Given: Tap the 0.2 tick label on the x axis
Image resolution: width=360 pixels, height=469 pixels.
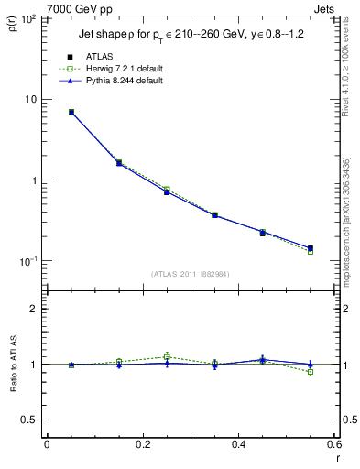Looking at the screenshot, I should click(142, 444).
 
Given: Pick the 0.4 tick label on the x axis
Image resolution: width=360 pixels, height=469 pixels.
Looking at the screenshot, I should click(239, 444).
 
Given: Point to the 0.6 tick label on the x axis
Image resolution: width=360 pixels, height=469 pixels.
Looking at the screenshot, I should click(333, 444).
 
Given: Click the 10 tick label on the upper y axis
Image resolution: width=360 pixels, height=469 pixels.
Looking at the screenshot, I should click(29, 99).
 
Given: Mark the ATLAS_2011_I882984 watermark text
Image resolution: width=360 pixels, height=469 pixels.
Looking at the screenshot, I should click(190, 274).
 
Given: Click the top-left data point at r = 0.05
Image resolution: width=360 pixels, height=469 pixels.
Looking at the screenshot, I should click(71, 112).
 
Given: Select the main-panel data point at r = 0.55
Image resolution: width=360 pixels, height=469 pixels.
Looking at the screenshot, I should click(311, 248).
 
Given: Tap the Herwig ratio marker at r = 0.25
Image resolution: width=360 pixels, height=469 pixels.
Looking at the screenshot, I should click(167, 356).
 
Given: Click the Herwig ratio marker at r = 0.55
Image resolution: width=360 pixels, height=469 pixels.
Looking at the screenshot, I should click(311, 372).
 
